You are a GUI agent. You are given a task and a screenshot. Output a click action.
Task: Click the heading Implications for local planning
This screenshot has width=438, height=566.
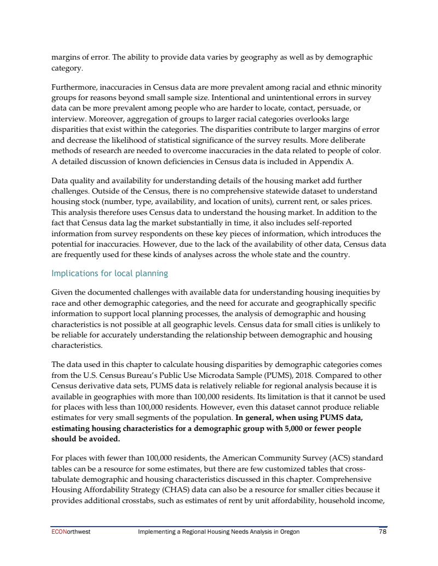109,273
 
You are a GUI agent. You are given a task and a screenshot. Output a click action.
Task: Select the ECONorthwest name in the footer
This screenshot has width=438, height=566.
71,531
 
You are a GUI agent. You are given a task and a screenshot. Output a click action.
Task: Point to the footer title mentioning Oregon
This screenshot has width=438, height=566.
218,531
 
